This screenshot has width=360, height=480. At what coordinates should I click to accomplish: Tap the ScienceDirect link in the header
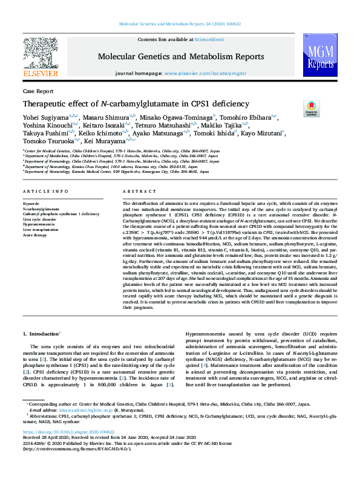point(209,39)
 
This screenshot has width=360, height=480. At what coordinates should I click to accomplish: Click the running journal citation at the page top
point(180,24)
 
